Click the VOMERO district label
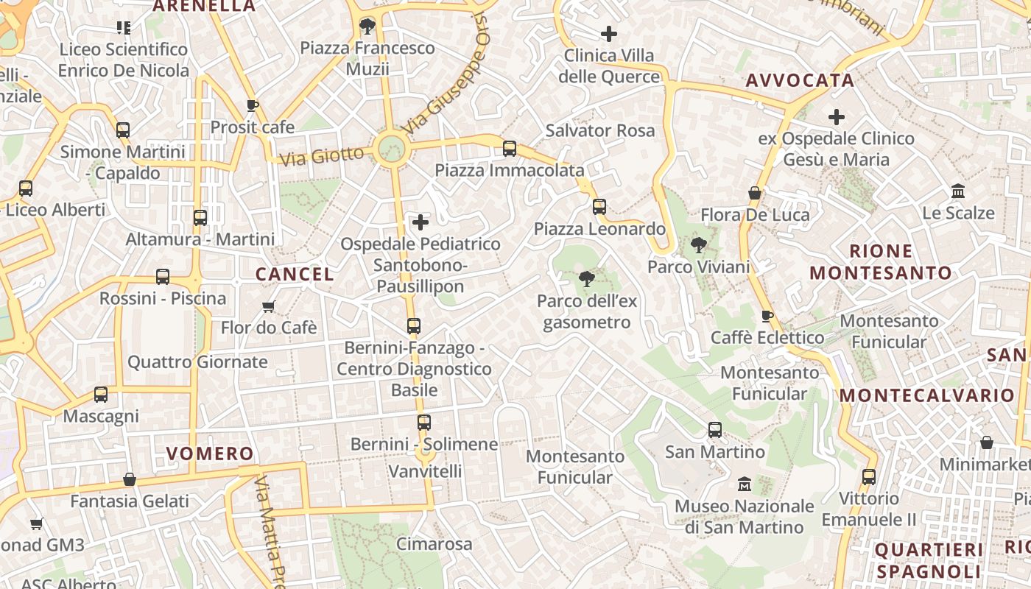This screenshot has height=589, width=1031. (x=210, y=454)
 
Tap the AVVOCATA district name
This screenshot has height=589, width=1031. (x=800, y=80)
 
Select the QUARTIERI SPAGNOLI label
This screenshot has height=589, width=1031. (x=929, y=560)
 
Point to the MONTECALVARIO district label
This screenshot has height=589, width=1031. (x=927, y=395)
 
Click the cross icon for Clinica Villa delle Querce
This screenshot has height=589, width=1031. (x=609, y=33)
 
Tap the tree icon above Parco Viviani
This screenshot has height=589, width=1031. (x=698, y=245)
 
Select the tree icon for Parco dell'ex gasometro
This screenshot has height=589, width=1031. (x=587, y=279)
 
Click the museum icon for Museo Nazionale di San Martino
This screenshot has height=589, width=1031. (x=745, y=484)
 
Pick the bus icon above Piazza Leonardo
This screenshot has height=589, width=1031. (x=599, y=207)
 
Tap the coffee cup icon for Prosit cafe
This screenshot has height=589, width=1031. (x=253, y=105)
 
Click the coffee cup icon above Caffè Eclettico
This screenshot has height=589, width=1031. (x=767, y=316)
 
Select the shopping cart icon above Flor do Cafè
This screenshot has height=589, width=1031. (x=269, y=306)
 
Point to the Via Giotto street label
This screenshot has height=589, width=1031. (x=323, y=156)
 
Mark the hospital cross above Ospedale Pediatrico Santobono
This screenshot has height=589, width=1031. (x=421, y=222)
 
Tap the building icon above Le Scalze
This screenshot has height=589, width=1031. (x=958, y=191)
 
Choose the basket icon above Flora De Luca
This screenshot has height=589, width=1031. (x=755, y=193)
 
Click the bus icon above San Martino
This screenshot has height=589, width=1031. (x=715, y=430)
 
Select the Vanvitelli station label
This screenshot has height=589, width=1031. (x=425, y=471)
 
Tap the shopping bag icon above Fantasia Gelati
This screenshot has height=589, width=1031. (x=130, y=480)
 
